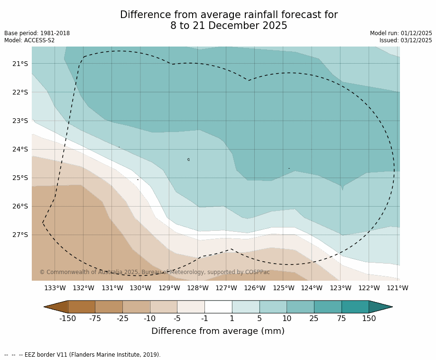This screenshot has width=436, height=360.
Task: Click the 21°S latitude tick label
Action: pyautogui.click(x=20, y=64)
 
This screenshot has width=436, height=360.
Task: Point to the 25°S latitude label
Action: pyautogui.click(x=20, y=178)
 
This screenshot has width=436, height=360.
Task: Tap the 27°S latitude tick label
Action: pyautogui.click(x=20, y=235)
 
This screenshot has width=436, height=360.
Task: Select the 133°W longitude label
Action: pyautogui.click(x=55, y=288)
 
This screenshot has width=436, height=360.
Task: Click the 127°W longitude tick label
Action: pyautogui.click(x=226, y=288)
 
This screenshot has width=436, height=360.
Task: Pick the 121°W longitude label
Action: pyautogui.click(x=398, y=288)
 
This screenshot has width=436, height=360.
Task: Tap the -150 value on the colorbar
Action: pyautogui.click(x=68, y=319)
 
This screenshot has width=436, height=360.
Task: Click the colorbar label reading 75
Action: pyautogui.click(x=342, y=319)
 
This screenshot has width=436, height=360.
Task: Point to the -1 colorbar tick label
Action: pyautogui.click(x=204, y=319)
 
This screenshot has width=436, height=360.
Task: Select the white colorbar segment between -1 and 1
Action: pyautogui.click(x=218, y=307)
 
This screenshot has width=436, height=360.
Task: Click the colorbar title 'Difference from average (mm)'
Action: pyautogui.click(x=218, y=332)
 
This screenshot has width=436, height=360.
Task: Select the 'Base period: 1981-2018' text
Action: pyautogui.click(x=37, y=33)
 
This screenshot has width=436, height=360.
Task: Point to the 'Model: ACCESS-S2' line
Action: pyautogui.click(x=29, y=40)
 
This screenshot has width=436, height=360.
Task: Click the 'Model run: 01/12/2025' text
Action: pyautogui.click(x=401, y=33)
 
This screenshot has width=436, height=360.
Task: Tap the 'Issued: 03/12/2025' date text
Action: pyautogui.click(x=406, y=40)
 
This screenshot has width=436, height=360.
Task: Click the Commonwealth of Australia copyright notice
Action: pyautogui.click(x=155, y=272)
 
